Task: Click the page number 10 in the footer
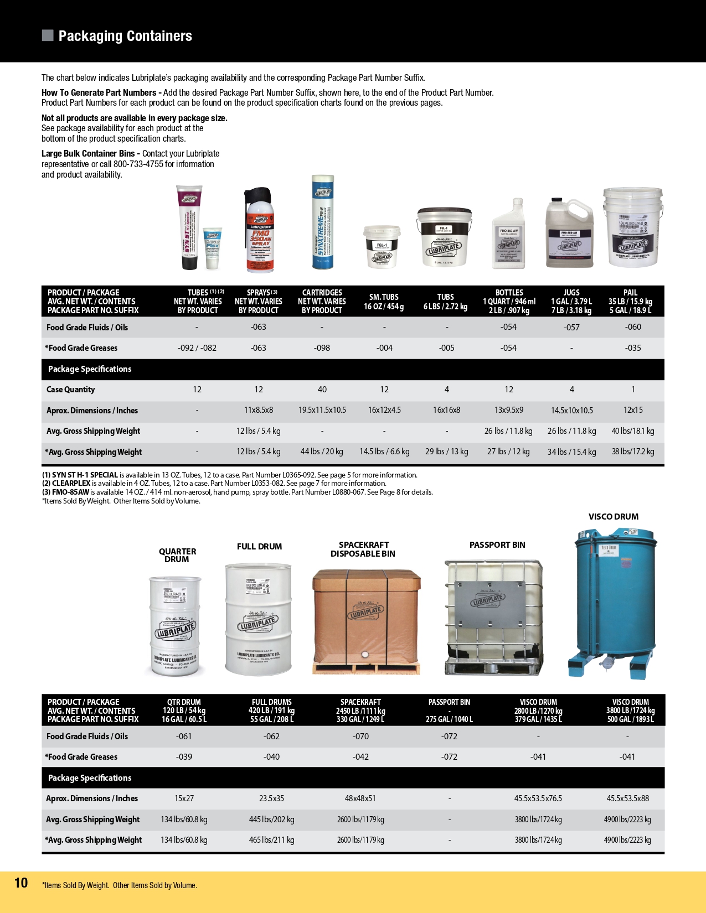(21, 883)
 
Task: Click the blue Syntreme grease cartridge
(323, 222)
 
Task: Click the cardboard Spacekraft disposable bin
(366, 620)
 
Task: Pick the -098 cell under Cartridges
(322, 348)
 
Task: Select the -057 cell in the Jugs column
(571, 328)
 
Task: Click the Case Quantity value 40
(322, 390)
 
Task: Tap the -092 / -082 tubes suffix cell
(197, 348)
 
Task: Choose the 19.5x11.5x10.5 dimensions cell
(322, 411)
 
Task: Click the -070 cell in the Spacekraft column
(360, 736)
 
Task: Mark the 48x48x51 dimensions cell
(360, 798)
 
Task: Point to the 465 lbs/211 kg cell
(271, 840)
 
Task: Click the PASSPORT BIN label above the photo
(497, 545)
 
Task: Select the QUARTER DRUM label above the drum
(177, 555)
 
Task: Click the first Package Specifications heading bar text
(90, 369)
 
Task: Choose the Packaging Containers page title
(125, 36)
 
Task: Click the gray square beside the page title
(48, 35)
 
